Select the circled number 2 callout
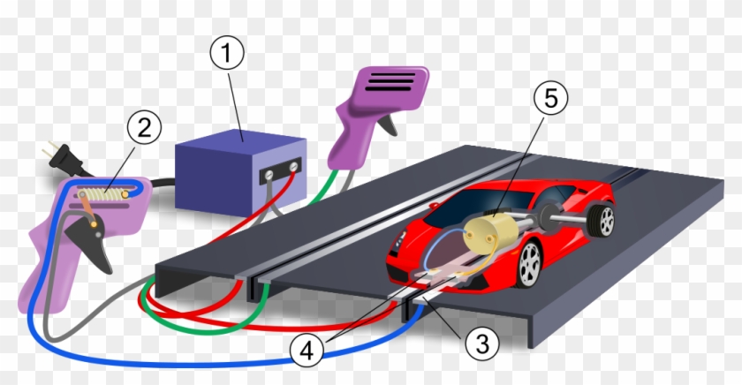(143, 129)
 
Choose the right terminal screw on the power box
(294, 164)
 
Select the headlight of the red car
(403, 240)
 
